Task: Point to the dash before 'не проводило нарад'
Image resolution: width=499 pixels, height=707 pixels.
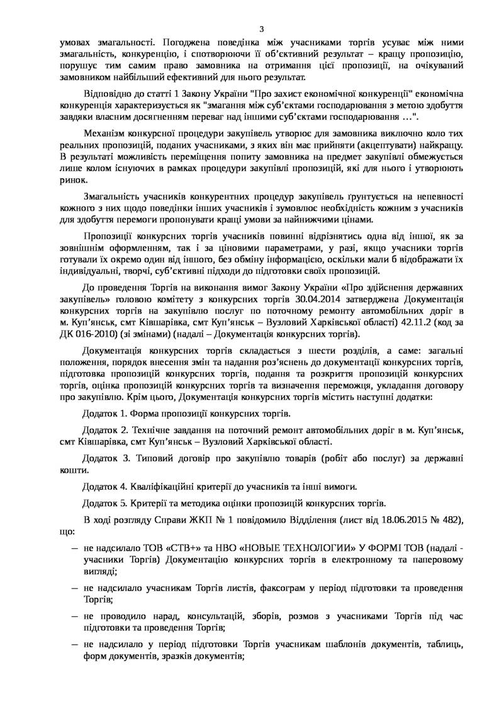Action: (x=74, y=616)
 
